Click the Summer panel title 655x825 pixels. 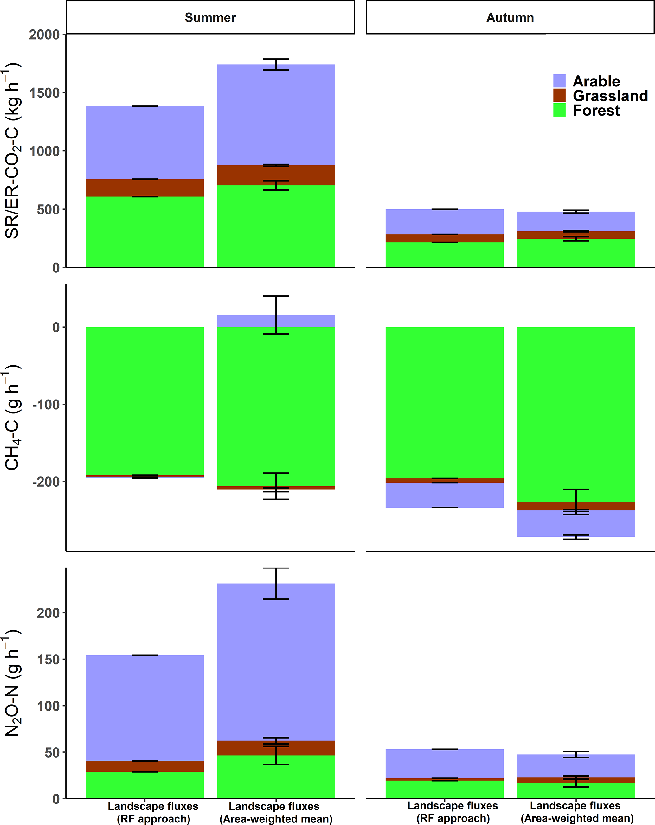(x=210, y=18)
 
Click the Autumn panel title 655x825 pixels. (x=510, y=18)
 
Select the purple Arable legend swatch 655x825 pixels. (x=559, y=81)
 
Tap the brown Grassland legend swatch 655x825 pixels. (x=559, y=95)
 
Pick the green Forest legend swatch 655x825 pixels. (x=559, y=110)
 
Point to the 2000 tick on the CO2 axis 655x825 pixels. (x=44, y=35)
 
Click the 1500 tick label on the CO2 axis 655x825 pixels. (x=44, y=93)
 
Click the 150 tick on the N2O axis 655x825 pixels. (x=48, y=659)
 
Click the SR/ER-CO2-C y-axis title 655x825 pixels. (x=12, y=151)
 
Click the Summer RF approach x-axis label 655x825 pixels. (x=153, y=812)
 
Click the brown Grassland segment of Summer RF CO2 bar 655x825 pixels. (x=144, y=188)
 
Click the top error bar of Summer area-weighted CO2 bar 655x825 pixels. (x=276, y=64)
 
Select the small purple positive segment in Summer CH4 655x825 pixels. (x=245, y=321)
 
